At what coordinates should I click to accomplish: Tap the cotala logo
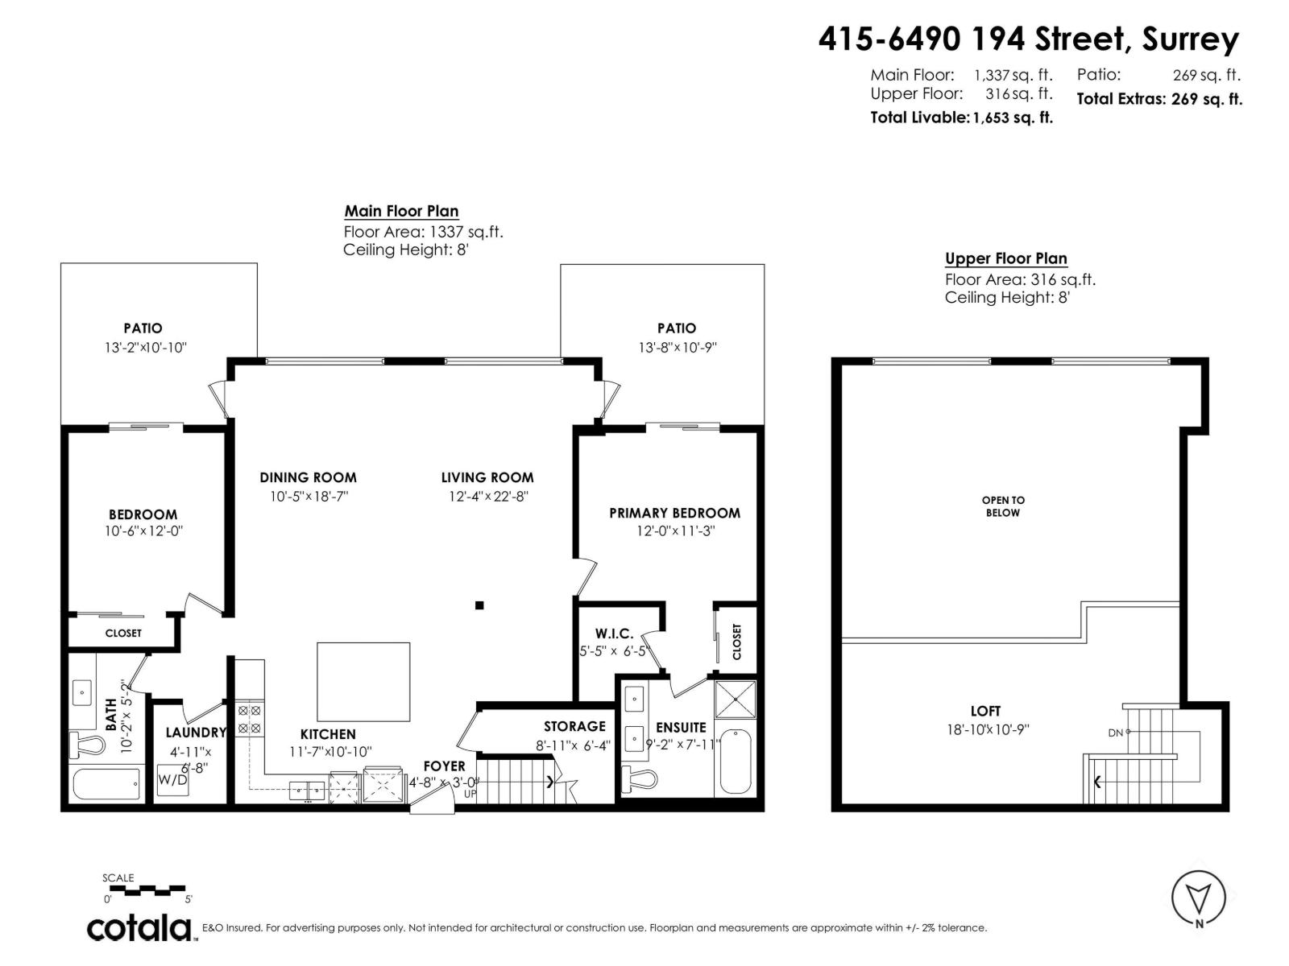[x=139, y=927]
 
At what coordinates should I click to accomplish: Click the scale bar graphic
[x=145, y=890]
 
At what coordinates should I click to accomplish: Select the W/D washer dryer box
[x=172, y=780]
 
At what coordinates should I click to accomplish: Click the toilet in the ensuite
[x=641, y=778]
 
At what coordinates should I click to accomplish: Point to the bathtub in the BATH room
[x=106, y=784]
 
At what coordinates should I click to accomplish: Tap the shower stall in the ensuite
[x=735, y=701]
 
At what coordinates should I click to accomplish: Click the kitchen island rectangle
[x=363, y=681]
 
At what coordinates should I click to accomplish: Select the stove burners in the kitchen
[x=249, y=719]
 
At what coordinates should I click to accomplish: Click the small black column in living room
[x=479, y=605]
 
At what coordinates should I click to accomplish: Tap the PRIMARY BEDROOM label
[x=674, y=513]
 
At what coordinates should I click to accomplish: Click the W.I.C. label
[x=614, y=634]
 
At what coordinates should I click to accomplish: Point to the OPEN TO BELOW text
[x=1003, y=506]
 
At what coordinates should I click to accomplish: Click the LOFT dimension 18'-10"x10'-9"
[x=988, y=730]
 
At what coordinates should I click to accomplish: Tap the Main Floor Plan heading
[x=401, y=212]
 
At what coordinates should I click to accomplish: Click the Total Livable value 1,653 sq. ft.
[x=1013, y=118]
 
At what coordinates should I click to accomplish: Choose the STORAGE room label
[x=574, y=726]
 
